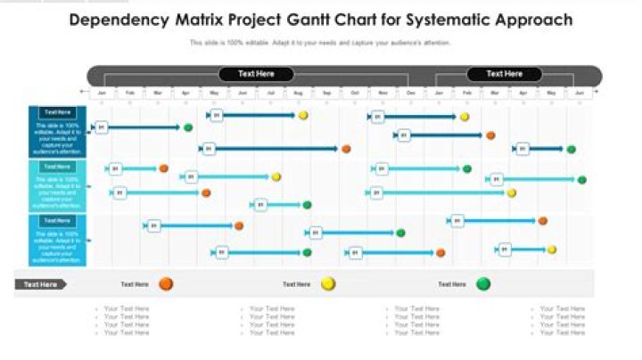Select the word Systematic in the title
click(457, 20)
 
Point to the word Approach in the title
click(539, 20)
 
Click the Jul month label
click(271, 93)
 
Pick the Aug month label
click(299, 93)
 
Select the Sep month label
click(327, 93)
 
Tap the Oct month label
click(355, 93)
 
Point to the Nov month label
click(383, 93)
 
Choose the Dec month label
click(410, 93)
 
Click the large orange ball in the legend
click(166, 284)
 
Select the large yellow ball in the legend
click(328, 284)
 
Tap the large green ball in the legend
click(483, 284)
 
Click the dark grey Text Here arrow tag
click(41, 284)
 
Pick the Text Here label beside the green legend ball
click(452, 284)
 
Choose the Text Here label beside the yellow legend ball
click(297, 284)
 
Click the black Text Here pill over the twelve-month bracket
click(257, 74)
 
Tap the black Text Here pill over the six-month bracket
click(505, 74)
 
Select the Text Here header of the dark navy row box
click(57, 112)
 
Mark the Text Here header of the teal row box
click(57, 167)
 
